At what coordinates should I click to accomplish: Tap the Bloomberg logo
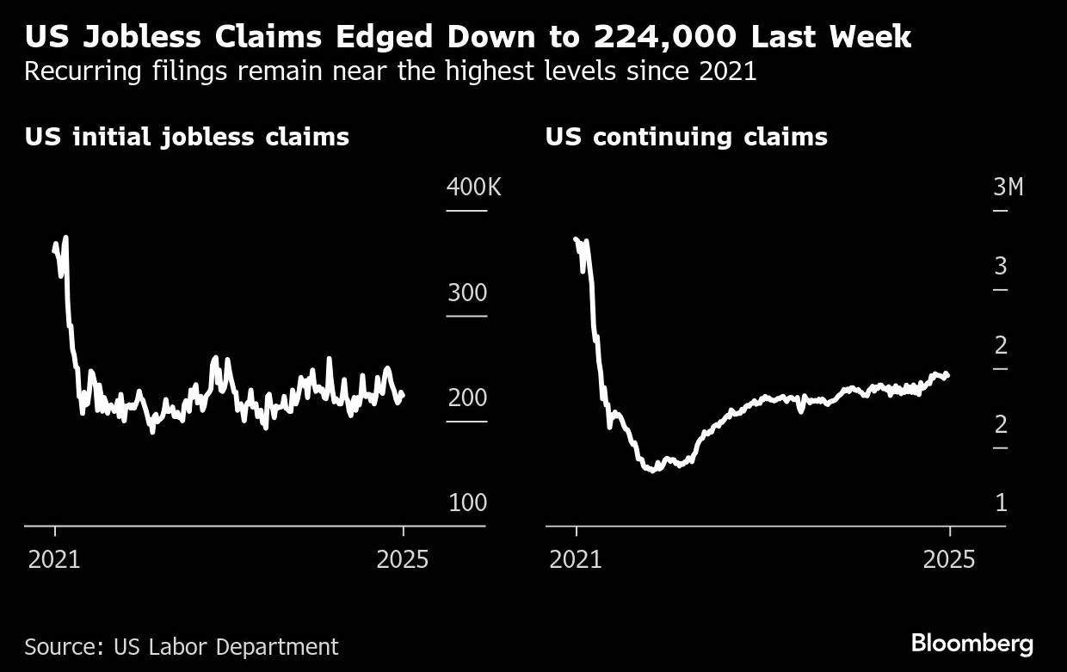[x=972, y=643]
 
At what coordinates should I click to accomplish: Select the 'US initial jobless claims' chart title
[x=187, y=137]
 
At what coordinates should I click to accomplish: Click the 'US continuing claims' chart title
[x=686, y=137]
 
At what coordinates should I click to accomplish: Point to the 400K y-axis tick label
[x=472, y=187]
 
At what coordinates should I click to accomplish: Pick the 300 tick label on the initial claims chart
[x=466, y=293]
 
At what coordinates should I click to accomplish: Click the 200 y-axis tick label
[x=466, y=398]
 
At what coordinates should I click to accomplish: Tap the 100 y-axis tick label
[x=467, y=502]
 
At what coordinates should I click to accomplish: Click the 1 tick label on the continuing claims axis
[x=1001, y=502]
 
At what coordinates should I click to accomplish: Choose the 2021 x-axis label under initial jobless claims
[x=54, y=560]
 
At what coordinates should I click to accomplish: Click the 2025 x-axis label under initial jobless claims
[x=403, y=560]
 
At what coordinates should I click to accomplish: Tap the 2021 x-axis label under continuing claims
[x=576, y=560]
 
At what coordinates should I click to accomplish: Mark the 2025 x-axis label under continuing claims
[x=950, y=560]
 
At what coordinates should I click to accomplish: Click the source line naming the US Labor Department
[x=182, y=646]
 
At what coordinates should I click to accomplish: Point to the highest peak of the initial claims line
[x=65, y=237]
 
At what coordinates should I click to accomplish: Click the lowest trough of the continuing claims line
[x=652, y=470]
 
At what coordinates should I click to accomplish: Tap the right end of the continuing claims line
[x=948, y=375]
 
